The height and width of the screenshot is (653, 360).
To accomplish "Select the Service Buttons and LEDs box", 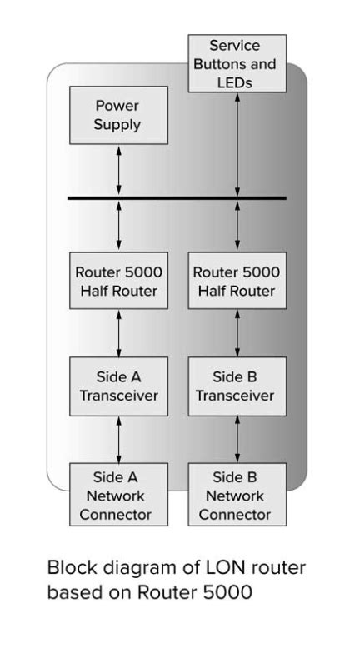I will (237, 63).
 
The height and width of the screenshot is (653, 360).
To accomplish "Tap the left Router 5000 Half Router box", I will (117, 280).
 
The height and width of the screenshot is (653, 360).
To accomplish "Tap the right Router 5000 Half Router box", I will (237, 280).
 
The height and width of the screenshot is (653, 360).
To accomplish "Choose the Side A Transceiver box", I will (117, 387).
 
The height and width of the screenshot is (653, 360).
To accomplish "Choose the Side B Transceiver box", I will (237, 387).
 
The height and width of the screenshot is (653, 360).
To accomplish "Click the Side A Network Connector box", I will (117, 496).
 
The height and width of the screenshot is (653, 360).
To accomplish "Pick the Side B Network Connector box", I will (237, 496).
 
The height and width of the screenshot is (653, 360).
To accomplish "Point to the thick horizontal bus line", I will (177, 198).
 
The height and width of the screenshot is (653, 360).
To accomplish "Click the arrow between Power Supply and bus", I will (118, 172).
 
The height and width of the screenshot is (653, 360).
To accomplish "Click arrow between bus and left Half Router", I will (118, 225).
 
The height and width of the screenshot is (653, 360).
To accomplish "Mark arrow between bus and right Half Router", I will (238, 225).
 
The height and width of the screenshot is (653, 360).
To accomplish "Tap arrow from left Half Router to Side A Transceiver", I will (118, 333).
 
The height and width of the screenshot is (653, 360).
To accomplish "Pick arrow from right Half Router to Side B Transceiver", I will (238, 333).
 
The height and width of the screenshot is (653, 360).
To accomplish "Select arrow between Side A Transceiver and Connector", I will (118, 440).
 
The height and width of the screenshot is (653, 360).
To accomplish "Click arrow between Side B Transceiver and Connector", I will (238, 440).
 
